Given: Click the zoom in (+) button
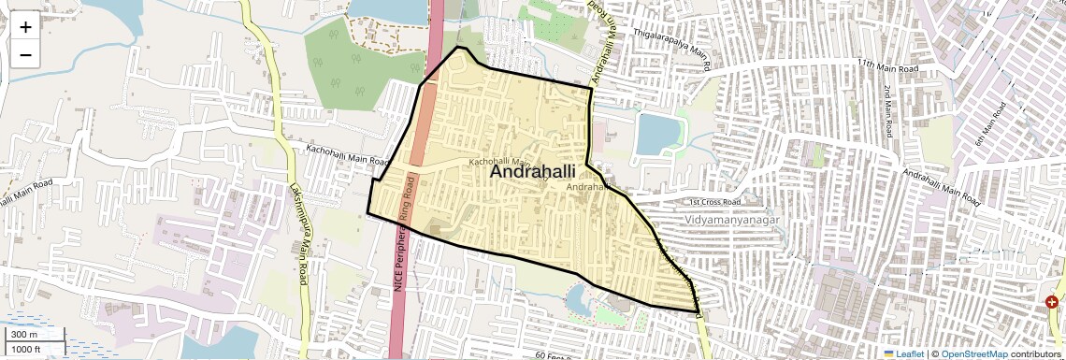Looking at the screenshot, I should point(25,27).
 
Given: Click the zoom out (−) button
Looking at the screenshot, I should point(25,55).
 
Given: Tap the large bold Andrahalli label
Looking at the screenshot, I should point(539,173).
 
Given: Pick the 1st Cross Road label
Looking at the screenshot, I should point(714,202).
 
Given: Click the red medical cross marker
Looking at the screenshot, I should point(1052,302).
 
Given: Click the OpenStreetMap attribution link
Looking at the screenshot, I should point(974,354).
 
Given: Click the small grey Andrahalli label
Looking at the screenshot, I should point(588,187).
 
